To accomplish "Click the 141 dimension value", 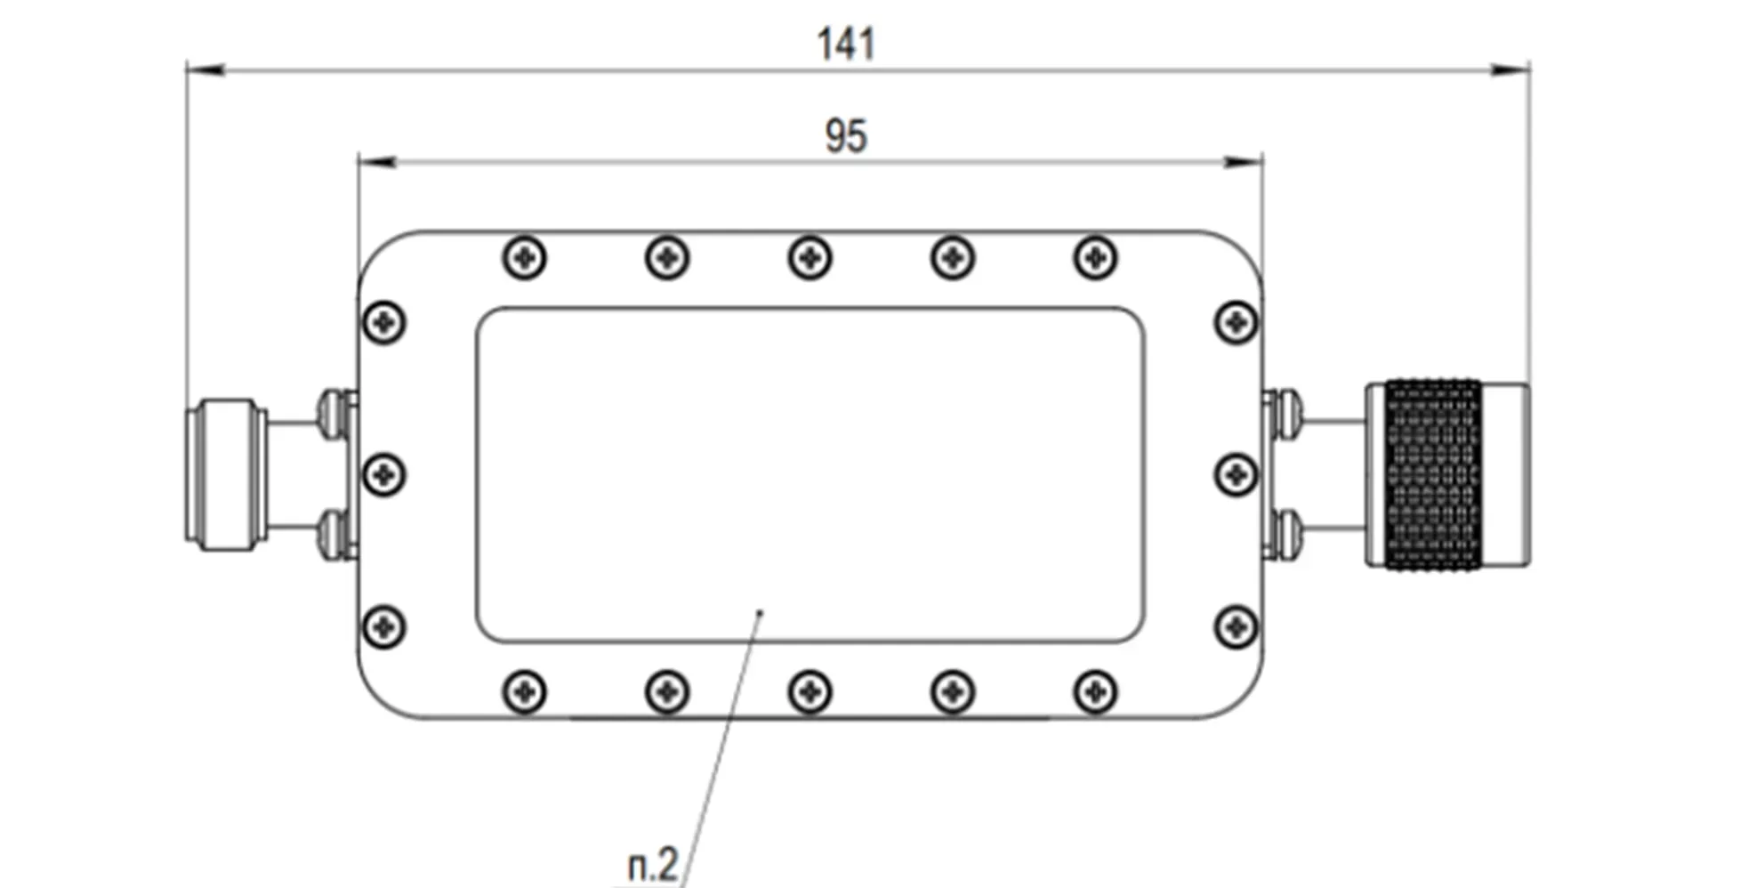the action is tap(846, 44).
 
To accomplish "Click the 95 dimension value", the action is tap(845, 136).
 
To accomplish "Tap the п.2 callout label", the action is tap(653, 864).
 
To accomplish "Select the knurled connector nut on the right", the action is tap(1433, 474).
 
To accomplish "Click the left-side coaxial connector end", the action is tap(226, 474).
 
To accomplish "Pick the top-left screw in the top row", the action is tap(525, 259).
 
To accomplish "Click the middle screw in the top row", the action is tap(810, 259).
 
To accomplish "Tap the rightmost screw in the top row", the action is tap(1095, 259).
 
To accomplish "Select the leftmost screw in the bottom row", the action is tap(525, 691).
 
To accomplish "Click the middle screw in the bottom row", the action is tap(810, 691).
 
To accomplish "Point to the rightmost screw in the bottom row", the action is tap(1095, 691).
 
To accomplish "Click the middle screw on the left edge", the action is tap(384, 474).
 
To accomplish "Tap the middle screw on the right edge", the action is tap(1236, 474).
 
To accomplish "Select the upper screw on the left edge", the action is tap(384, 322).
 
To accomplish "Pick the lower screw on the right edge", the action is tap(1236, 627).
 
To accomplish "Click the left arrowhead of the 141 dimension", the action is tap(205, 69).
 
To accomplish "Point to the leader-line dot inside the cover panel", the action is tap(759, 612).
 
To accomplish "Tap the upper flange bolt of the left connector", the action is tap(334, 414).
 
